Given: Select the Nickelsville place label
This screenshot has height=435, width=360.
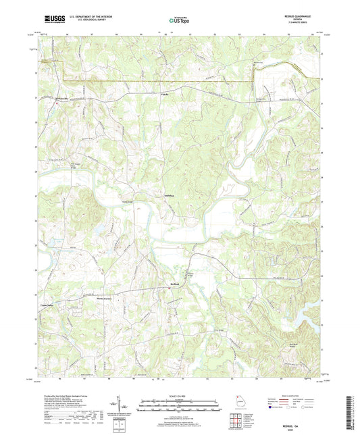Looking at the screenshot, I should (x=63, y=97).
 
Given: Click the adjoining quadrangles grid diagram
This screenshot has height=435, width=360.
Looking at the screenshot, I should (x=236, y=419).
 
